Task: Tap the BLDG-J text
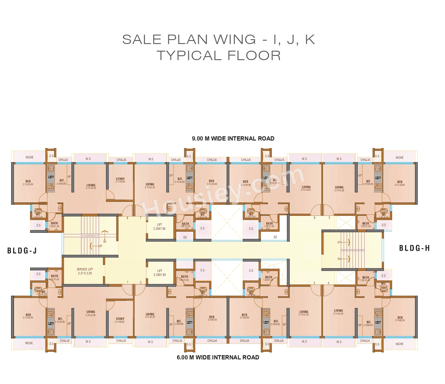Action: tap(22, 251)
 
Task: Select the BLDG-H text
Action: tap(414, 248)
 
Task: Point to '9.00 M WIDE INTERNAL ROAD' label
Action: tap(233, 139)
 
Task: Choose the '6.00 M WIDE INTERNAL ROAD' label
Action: tap(218, 358)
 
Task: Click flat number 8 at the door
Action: tap(127, 218)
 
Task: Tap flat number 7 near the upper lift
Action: tap(140, 218)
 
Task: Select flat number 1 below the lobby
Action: tap(128, 282)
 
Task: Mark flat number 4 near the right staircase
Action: tap(328, 283)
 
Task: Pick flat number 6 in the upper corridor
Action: tap(314, 218)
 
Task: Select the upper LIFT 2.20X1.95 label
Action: tap(159, 227)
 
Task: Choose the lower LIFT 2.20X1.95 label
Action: tap(159, 273)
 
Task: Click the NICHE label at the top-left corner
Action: tap(29, 157)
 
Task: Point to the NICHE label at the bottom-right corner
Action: tap(399, 344)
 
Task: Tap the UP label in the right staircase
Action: tap(339, 242)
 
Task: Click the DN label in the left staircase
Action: tap(104, 242)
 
